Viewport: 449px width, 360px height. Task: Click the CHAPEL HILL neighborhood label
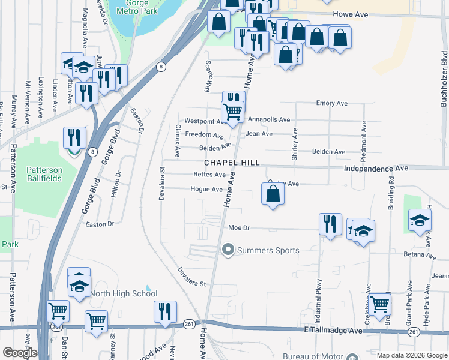coord(232,163)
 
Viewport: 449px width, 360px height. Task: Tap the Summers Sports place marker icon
coord(228,249)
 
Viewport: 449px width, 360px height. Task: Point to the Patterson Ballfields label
coord(52,174)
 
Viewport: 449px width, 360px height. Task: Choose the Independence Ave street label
coord(376,169)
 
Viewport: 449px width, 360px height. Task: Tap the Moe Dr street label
coord(238,228)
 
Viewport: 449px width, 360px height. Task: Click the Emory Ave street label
coord(332,103)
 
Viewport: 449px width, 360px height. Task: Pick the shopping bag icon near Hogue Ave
coord(273,194)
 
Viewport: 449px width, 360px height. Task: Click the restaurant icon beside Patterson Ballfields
coord(74,137)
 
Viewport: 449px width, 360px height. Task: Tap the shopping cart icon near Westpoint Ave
coord(232,111)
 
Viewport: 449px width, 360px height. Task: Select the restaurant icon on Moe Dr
coord(330,224)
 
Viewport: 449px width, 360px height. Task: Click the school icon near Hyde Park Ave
coord(420,220)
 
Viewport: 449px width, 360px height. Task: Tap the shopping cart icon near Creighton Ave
coord(379,304)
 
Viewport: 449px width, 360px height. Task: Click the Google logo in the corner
coord(20,353)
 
